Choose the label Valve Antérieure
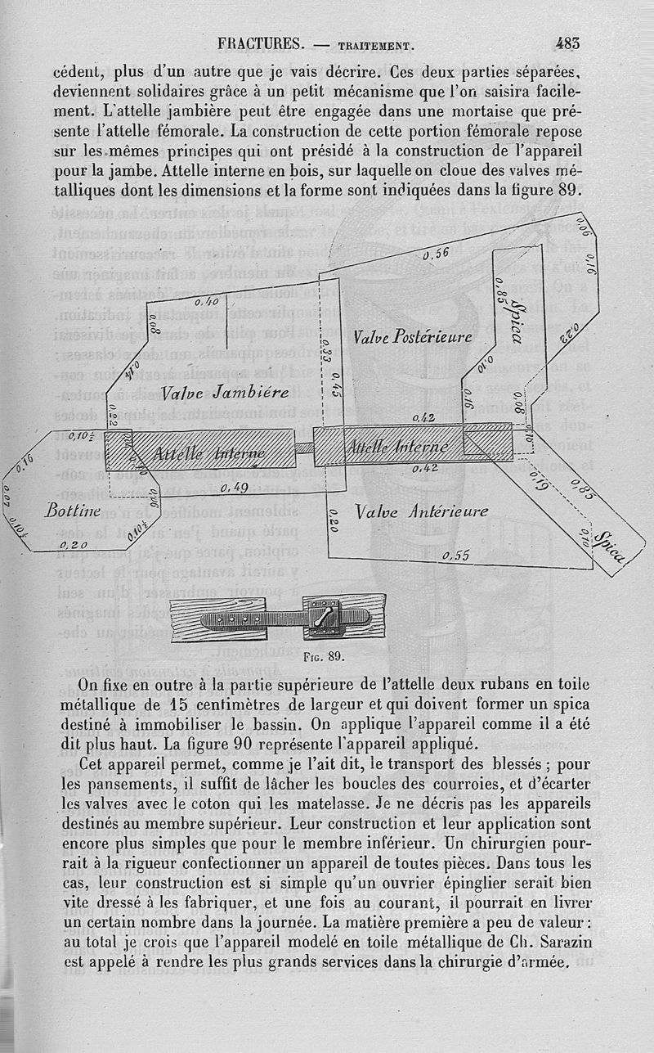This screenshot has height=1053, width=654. pos(422,511)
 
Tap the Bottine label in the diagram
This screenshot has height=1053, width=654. pos(74,511)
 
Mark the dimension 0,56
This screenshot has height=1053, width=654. pos(436,254)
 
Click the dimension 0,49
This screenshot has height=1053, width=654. pos(235,488)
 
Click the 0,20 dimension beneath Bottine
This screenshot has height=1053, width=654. pos(73,544)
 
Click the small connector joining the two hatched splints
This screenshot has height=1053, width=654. pos(303,448)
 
